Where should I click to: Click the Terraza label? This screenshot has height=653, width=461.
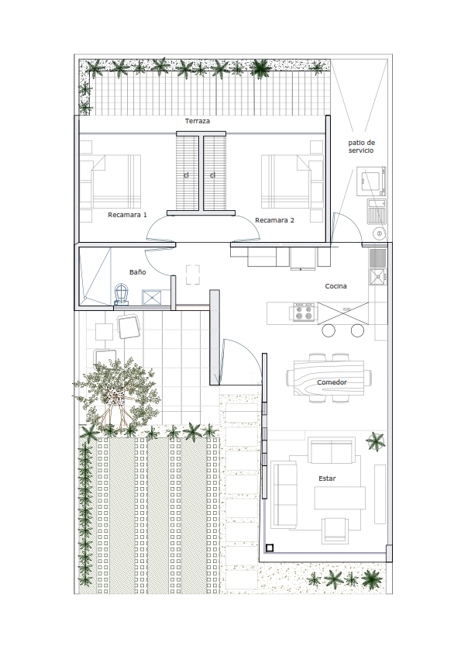tap(198, 121)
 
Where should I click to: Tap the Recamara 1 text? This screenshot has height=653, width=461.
tap(127, 215)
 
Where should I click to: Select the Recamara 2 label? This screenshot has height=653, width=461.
tap(274, 220)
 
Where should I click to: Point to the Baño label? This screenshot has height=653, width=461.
tap(138, 272)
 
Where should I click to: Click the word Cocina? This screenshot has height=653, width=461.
tap(335, 286)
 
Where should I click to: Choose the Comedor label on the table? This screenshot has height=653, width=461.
tap(332, 382)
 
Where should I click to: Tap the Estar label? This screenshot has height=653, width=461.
tap(327, 479)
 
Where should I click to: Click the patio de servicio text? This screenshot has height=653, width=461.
tap(361, 147)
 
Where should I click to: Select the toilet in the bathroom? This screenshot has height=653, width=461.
tap(121, 294)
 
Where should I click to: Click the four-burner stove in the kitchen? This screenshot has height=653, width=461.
tap(303, 313)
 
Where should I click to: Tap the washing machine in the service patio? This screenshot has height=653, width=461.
tap(371, 181)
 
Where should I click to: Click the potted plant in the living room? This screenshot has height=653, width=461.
tap(376, 442)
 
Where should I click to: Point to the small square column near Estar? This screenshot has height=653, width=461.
tap(269, 548)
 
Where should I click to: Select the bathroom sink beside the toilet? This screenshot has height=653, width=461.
tap(151, 297)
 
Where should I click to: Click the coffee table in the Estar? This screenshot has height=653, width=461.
tap(339, 498)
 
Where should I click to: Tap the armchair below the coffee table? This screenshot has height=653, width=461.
tap(335, 530)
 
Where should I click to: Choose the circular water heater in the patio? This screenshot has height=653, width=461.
tap(379, 233)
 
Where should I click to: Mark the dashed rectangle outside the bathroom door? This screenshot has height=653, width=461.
tap(193, 275)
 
